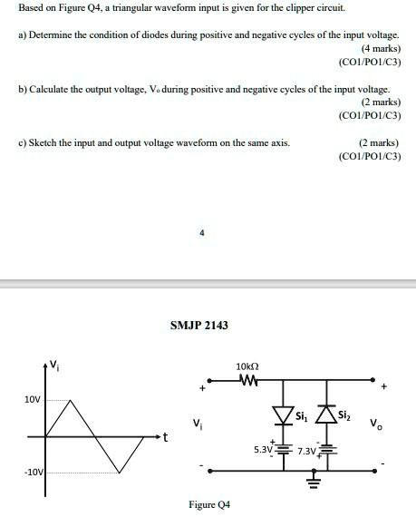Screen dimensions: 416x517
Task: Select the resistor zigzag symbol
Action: [x=247, y=380]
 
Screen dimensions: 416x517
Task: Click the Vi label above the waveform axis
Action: [x=54, y=366]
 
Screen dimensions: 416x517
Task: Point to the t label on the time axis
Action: [x=165, y=437]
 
